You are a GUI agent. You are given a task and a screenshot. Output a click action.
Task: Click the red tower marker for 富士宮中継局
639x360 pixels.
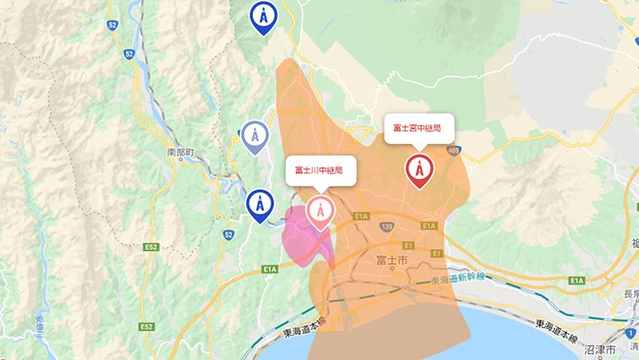[419, 171]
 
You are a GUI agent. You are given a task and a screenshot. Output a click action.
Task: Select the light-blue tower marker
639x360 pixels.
[255, 136]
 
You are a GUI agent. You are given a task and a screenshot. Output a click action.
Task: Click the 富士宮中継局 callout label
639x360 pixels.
[419, 128]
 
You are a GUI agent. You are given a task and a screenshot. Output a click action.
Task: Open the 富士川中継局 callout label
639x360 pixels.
[319, 171]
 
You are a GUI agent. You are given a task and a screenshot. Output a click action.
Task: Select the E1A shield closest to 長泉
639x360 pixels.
[576, 280]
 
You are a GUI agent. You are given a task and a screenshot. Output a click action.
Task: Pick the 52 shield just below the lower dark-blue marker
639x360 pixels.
[230, 234]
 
